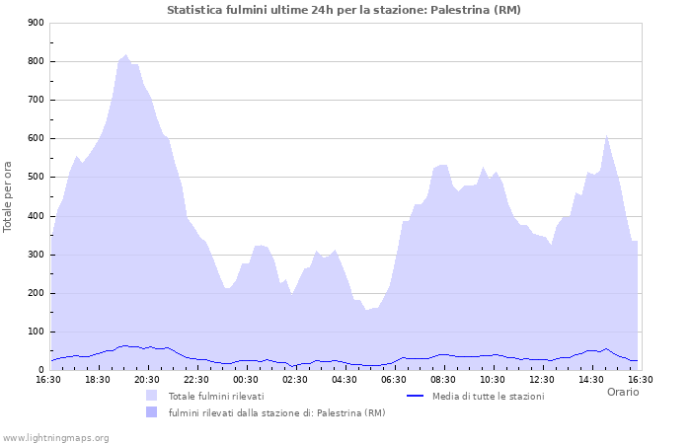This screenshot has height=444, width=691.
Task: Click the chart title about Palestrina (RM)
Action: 345,10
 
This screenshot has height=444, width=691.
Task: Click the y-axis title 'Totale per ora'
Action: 8,197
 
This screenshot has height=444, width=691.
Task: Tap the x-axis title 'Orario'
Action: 622,392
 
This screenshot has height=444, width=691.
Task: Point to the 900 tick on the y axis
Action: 36,23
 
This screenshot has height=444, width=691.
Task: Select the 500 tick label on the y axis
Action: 36,178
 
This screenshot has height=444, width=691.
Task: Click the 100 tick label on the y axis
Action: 36,332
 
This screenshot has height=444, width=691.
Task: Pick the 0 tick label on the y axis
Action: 40,370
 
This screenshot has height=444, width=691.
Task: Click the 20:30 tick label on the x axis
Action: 147,379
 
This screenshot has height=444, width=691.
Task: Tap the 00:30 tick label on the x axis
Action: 246,379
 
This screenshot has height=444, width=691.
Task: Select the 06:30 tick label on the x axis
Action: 394,379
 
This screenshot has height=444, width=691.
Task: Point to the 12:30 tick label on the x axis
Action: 542,379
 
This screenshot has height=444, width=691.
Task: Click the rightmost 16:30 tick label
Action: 640,379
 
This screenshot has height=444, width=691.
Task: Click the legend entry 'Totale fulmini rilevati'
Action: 216,396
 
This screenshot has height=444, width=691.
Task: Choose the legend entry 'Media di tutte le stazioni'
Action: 488,396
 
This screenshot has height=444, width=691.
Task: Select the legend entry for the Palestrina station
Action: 276,412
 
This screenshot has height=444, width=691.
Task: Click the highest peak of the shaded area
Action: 125,55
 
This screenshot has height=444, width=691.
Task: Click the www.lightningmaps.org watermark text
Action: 55,437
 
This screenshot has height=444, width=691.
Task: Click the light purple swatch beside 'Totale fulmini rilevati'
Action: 151,396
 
